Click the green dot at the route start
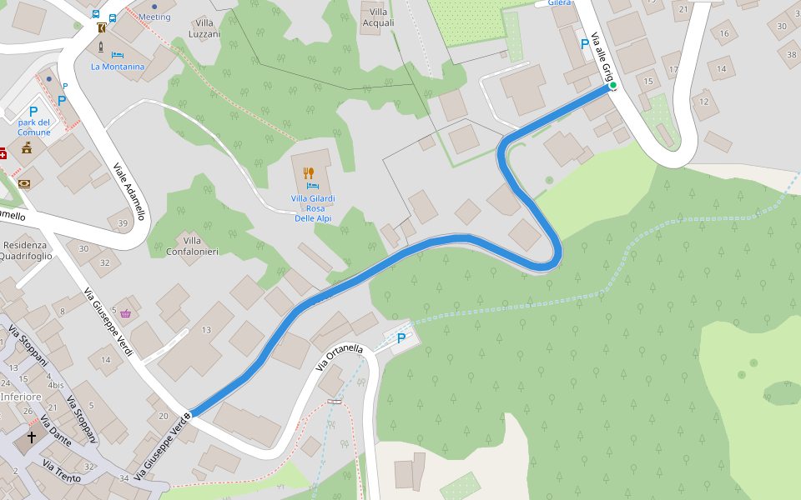coord(612,85)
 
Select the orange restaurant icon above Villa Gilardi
coord(308,173)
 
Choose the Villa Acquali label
coord(378,17)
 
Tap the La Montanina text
coord(118,67)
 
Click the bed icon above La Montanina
coord(118,54)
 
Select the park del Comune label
coord(34,127)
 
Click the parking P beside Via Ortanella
coord(401,338)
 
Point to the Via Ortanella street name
coord(340,358)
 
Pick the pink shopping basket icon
coord(125,313)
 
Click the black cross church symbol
coord(33,437)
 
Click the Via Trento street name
coord(62,471)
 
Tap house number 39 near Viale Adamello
coord(123,222)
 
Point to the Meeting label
coord(154,17)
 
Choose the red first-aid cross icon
coord(3,153)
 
